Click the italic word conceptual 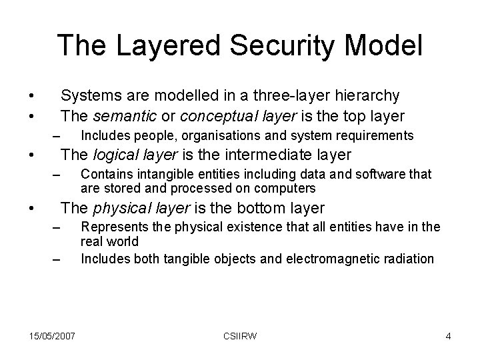[x=210, y=116]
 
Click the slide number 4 [x=448, y=336]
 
